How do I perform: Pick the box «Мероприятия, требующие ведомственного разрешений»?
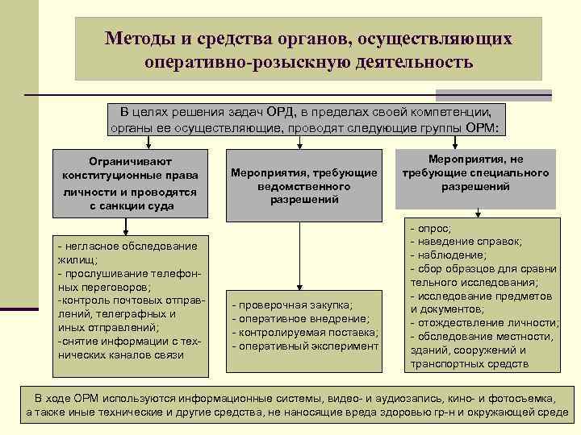(x=304, y=185)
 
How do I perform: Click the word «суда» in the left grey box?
(x=179, y=206)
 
